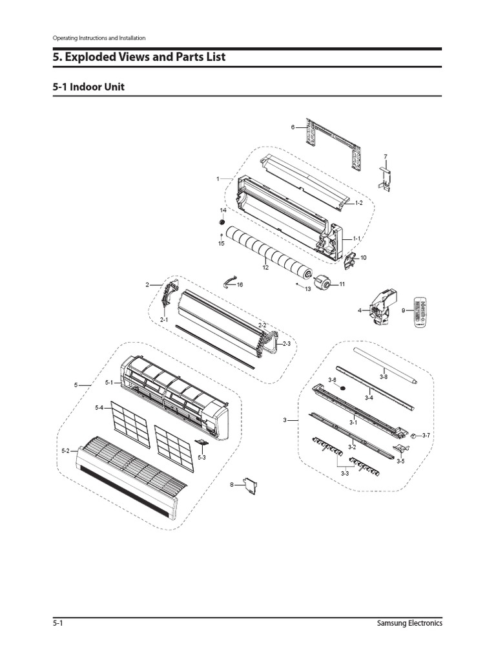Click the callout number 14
[223, 211]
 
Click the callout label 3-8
[384, 376]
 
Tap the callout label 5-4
[99, 408]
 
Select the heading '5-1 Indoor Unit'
[88, 87]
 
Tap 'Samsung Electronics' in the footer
[409, 623]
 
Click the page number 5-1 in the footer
[57, 623]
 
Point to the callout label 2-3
[285, 345]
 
